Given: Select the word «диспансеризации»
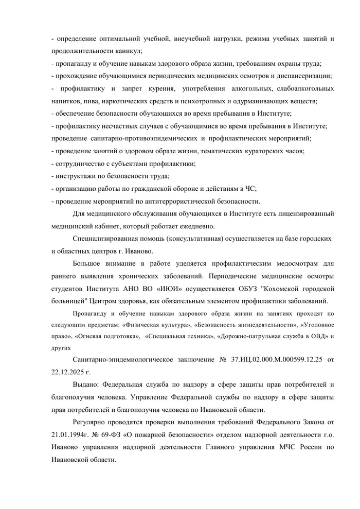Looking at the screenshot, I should [304, 76].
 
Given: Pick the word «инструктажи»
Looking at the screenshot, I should [74, 176].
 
